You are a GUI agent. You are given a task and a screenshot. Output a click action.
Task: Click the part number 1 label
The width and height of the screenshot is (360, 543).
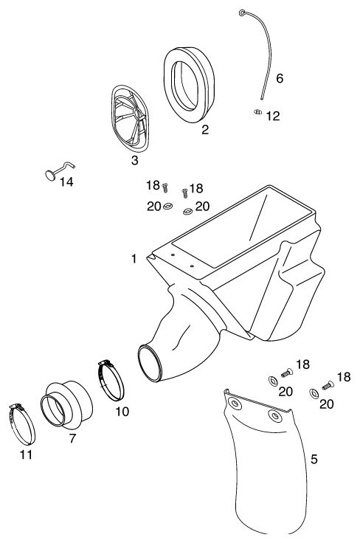(x=134, y=259)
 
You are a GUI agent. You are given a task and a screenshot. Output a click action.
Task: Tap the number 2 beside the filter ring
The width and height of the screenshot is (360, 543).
(x=205, y=130)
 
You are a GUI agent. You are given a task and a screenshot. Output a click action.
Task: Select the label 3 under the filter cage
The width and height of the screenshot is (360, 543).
(x=135, y=160)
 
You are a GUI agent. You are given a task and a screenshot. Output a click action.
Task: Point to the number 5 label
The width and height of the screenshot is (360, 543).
(x=314, y=459)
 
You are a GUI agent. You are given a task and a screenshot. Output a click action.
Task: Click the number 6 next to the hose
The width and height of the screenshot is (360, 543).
(x=280, y=79)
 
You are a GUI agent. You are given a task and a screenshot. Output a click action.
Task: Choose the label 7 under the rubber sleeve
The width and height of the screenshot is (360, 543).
(x=72, y=438)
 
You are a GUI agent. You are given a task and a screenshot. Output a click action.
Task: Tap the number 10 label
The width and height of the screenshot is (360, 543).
(x=122, y=412)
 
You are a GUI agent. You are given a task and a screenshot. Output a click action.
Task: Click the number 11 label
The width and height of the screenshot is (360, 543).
(x=26, y=454)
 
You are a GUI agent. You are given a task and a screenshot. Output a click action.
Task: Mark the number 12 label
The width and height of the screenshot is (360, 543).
(x=273, y=116)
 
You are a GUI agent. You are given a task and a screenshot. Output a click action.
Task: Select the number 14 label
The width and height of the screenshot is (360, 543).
(x=66, y=181)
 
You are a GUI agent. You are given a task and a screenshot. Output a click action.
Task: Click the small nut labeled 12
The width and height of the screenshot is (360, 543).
(x=257, y=112)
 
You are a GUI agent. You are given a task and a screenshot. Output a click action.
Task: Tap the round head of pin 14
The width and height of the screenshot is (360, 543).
(x=51, y=175)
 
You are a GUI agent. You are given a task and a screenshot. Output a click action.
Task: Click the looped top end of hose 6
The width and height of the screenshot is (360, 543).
(x=242, y=13)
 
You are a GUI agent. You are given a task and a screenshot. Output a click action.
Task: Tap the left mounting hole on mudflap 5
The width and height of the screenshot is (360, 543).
(x=235, y=404)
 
